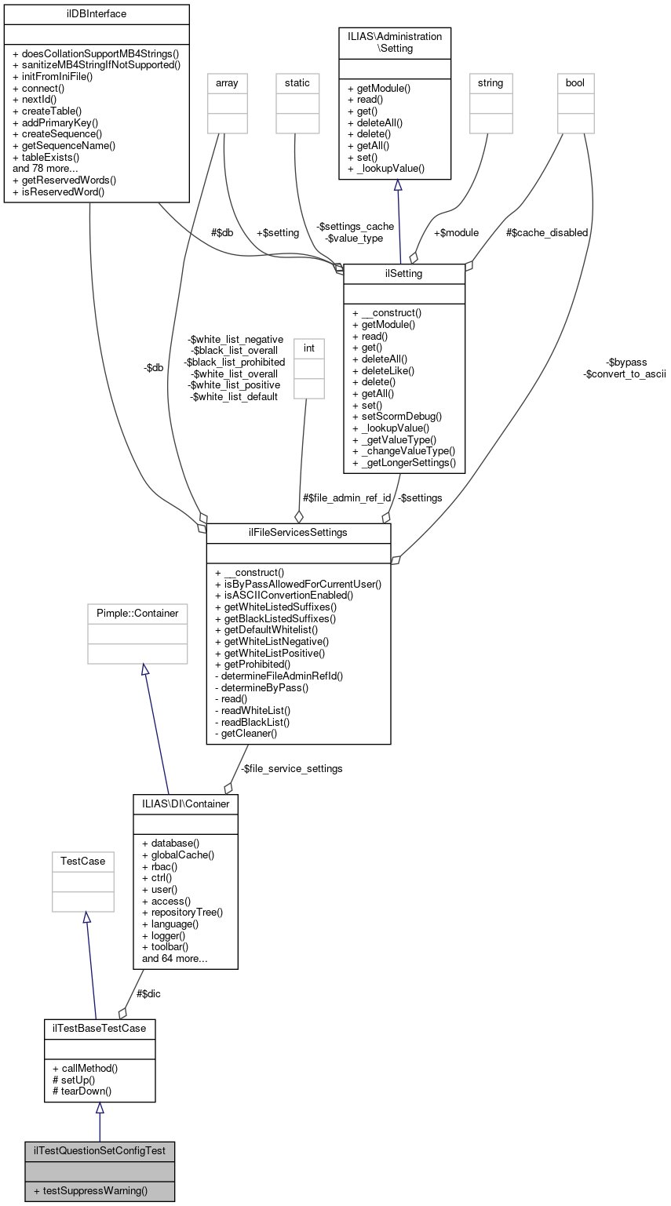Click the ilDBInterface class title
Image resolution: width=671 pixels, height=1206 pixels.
coord(97,14)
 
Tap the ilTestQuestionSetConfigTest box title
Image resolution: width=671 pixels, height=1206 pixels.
coord(100,1151)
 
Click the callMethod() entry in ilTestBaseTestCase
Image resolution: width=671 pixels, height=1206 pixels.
coord(85,1068)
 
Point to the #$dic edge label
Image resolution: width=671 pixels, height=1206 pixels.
coord(149,993)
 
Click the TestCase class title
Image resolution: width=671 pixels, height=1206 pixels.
coord(83,861)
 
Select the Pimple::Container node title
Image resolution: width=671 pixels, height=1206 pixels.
coord(137,613)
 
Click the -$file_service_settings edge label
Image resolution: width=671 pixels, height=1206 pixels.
coord(291,768)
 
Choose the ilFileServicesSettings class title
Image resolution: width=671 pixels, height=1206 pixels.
coord(298,533)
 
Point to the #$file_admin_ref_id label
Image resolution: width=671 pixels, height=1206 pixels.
coord(347,497)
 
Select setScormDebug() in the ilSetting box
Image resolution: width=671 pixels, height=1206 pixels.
coord(397,416)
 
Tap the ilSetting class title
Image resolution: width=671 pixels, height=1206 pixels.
coord(404,274)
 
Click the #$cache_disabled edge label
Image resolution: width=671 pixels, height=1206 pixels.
coord(547,232)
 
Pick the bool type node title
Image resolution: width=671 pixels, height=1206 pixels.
coord(575,82)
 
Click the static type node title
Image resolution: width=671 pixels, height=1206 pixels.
coord(297,82)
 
